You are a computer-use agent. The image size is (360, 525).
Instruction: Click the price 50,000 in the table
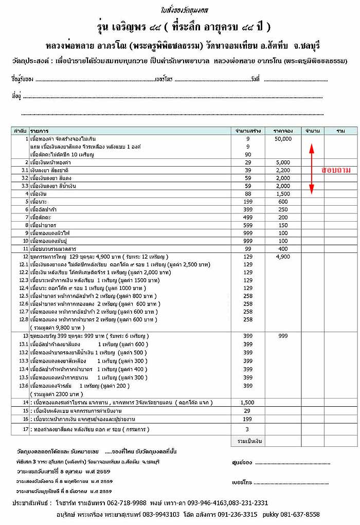(283, 139)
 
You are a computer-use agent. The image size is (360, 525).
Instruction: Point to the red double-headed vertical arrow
(311, 169)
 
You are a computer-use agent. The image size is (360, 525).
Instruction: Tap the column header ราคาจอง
(283, 131)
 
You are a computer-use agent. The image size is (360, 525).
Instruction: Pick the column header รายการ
(40, 131)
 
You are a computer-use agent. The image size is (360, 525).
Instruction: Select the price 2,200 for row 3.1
(283, 170)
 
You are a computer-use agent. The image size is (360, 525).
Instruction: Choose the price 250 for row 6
(283, 209)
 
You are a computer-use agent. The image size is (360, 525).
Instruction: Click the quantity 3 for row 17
(248, 429)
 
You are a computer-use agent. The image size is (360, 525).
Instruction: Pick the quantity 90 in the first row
(248, 154)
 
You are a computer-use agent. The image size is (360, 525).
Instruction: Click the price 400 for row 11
(283, 248)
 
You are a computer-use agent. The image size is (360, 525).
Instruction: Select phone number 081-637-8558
(301, 514)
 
